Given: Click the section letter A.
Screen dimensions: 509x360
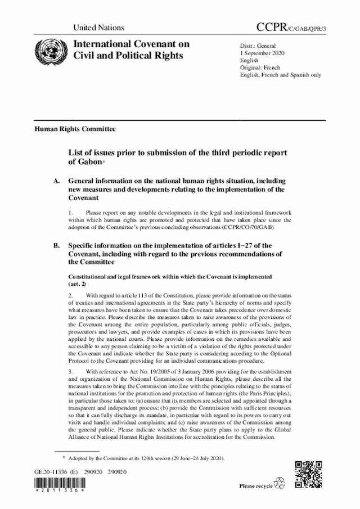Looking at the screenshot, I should [x=55, y=182].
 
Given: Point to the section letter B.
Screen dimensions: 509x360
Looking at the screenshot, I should [x=55, y=246].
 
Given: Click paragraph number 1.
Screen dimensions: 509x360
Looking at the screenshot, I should [x=70, y=213].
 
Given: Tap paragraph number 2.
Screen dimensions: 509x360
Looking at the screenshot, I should [x=70, y=295].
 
